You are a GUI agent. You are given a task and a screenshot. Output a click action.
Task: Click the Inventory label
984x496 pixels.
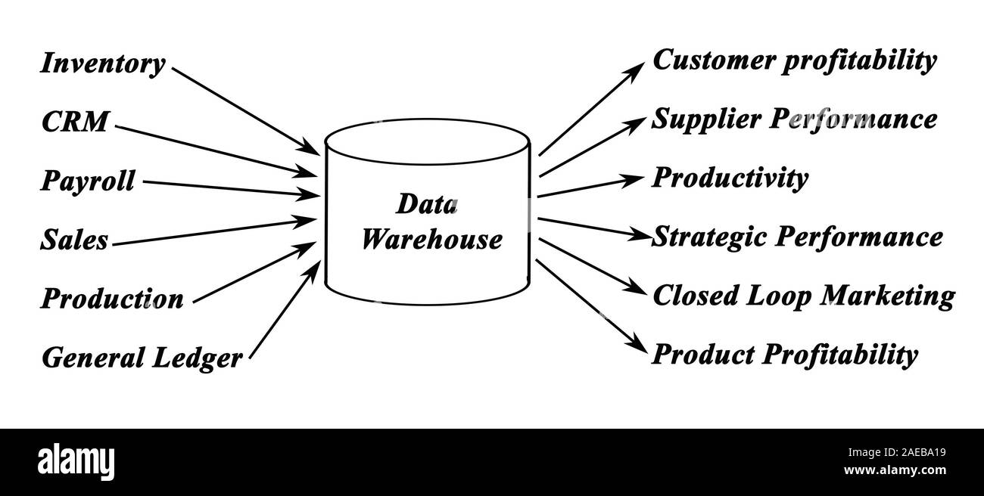coord(102,64)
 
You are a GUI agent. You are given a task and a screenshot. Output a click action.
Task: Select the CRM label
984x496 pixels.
coord(75,122)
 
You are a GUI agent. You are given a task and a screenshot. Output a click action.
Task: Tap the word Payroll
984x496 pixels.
coord(88,181)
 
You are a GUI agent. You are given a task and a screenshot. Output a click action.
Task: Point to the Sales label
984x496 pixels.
coord(74,240)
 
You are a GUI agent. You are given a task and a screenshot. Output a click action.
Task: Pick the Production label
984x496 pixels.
coord(112,299)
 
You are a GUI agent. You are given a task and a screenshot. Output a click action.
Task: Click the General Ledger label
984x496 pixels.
coord(142,358)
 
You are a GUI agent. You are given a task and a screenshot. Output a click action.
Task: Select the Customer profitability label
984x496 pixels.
coord(794,60)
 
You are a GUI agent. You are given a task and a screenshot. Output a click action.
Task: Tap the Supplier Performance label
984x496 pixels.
coord(794,119)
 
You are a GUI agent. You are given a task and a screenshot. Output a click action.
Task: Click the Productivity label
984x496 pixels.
coord(730,178)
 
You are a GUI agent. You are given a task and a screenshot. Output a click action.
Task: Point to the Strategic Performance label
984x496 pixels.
coord(797,237)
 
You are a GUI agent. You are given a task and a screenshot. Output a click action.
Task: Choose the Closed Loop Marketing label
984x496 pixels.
coord(802,296)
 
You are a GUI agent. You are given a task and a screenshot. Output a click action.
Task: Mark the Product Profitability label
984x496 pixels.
coord(785,354)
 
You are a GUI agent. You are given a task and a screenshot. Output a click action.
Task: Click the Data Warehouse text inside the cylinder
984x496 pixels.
coord(429,222)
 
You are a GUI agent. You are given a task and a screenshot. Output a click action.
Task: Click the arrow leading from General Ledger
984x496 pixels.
coord(285,308)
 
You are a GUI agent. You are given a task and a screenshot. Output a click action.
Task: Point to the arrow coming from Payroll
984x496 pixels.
coord(231,189)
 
